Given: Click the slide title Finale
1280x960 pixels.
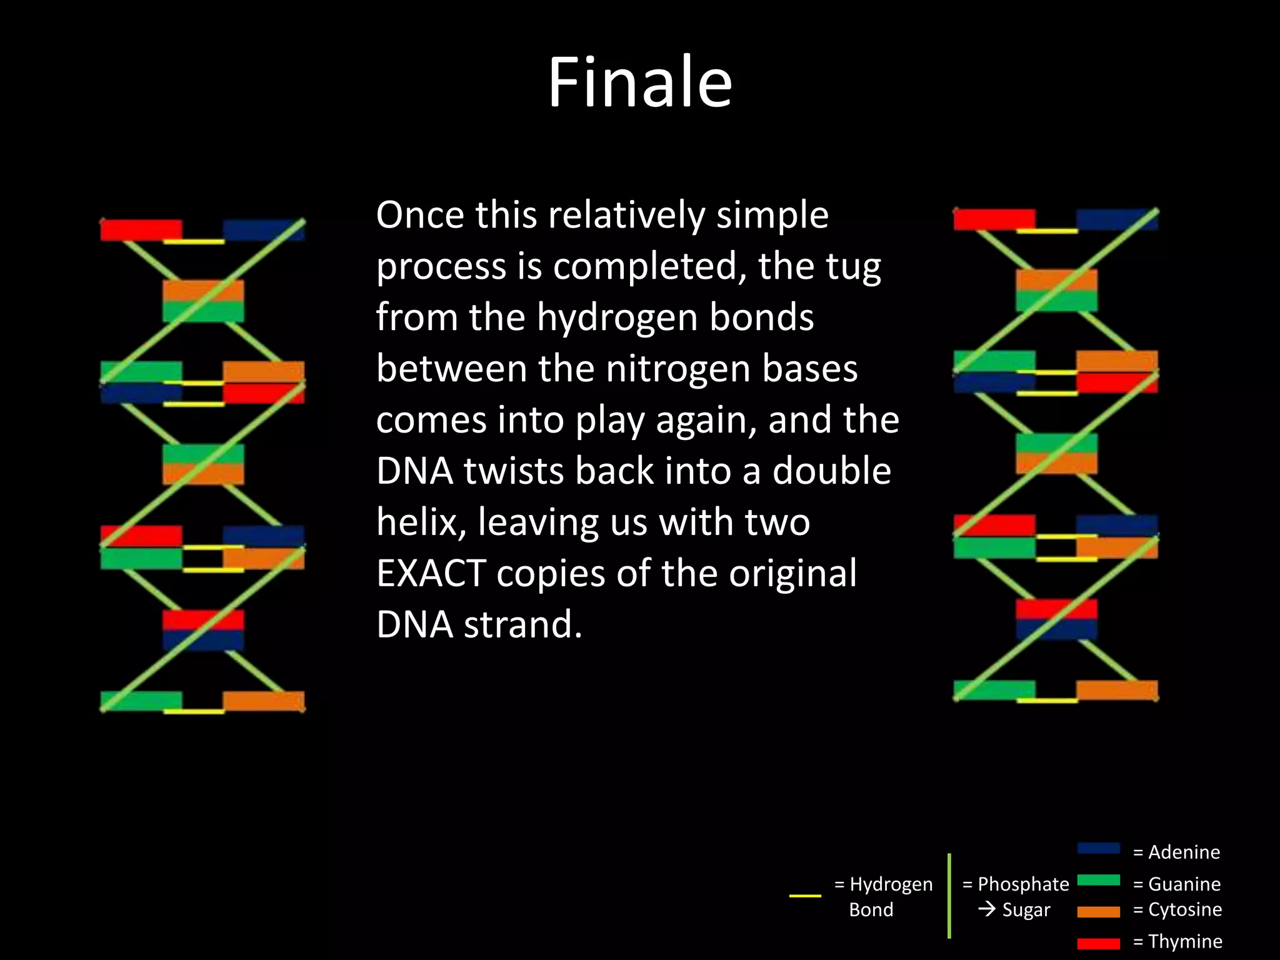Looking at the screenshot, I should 639,82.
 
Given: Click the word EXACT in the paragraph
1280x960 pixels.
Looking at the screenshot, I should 431,573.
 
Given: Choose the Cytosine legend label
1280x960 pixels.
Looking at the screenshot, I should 1177,909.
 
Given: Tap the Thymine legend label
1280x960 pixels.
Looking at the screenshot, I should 1177,941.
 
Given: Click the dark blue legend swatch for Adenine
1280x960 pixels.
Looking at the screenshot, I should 1098,848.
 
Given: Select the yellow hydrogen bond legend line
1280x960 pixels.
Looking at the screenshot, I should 805,896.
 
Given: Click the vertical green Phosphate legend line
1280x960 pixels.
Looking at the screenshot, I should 949,896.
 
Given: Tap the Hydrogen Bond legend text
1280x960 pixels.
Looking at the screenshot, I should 883,896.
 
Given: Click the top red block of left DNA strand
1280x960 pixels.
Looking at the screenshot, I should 141,229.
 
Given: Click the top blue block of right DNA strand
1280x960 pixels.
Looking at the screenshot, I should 1116,219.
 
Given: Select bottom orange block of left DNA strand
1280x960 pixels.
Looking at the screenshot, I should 263,701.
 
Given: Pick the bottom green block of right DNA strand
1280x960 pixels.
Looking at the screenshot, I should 994,690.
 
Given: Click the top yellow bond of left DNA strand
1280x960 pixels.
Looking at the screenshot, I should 194,241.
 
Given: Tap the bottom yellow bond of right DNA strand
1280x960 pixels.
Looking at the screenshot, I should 1047,701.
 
